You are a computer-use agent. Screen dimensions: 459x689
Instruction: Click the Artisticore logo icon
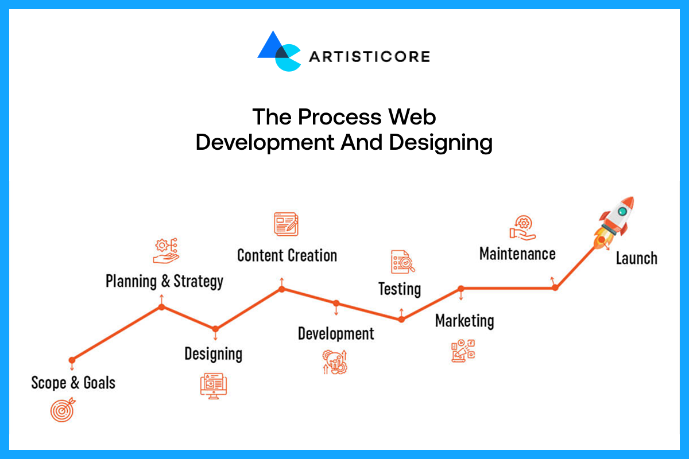point(278,52)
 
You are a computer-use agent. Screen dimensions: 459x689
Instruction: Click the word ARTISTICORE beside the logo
point(369,56)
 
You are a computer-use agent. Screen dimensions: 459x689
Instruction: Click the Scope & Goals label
point(73,383)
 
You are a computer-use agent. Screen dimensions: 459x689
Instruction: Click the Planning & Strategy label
point(164,281)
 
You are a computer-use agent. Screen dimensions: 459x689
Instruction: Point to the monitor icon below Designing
point(214,385)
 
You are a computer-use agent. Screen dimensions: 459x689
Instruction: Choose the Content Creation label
point(287,255)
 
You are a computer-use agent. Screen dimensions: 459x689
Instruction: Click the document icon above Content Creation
point(287,224)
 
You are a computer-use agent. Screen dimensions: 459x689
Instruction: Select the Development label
point(336,333)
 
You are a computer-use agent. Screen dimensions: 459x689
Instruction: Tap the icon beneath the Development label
point(335,361)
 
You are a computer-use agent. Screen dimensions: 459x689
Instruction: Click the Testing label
point(400,289)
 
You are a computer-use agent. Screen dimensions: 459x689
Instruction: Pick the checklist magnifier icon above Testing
point(402,262)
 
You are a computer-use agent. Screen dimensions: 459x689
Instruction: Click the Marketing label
point(465,320)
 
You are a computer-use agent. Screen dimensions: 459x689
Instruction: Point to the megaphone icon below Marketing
point(463,350)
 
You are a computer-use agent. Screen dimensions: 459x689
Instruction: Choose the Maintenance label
point(517,254)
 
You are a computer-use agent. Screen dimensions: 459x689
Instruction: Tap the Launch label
point(636,258)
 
